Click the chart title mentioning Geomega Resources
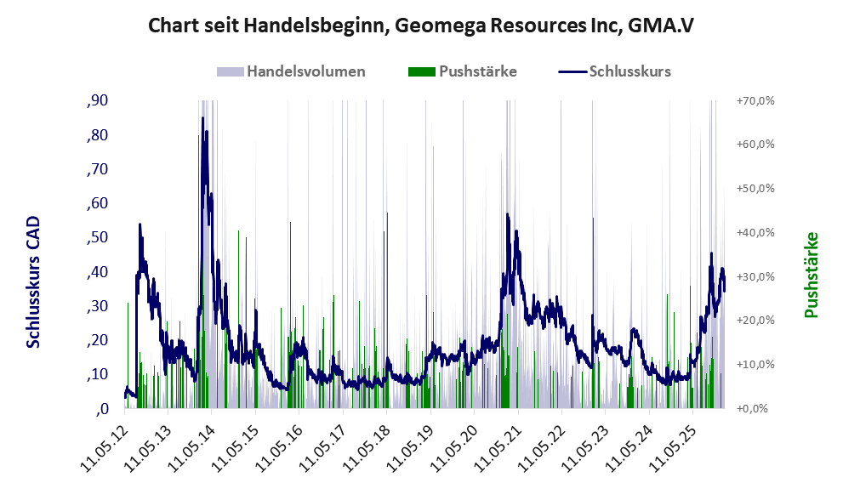pyautogui.click(x=421, y=26)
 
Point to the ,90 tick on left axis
pyautogui.click(x=97, y=101)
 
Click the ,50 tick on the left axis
pyautogui.click(x=97, y=237)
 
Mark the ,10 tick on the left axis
pyautogui.click(x=97, y=374)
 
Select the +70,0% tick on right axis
pyautogui.click(x=755, y=101)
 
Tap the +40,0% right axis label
pyautogui.click(x=755, y=232)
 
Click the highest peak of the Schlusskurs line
pyautogui.click(x=202, y=118)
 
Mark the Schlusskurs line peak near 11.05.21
pyautogui.click(x=508, y=215)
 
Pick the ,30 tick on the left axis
pyautogui.click(x=97, y=306)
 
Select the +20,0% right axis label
pyautogui.click(x=755, y=321)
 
